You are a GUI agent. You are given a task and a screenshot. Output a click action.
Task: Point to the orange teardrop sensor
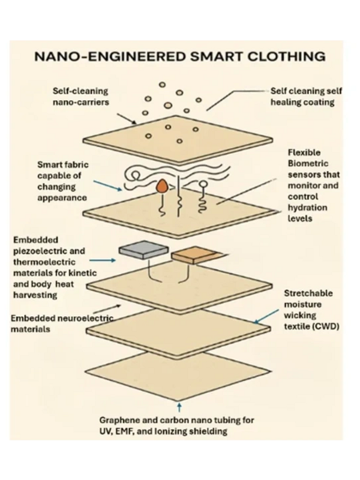click(x=163, y=187)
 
